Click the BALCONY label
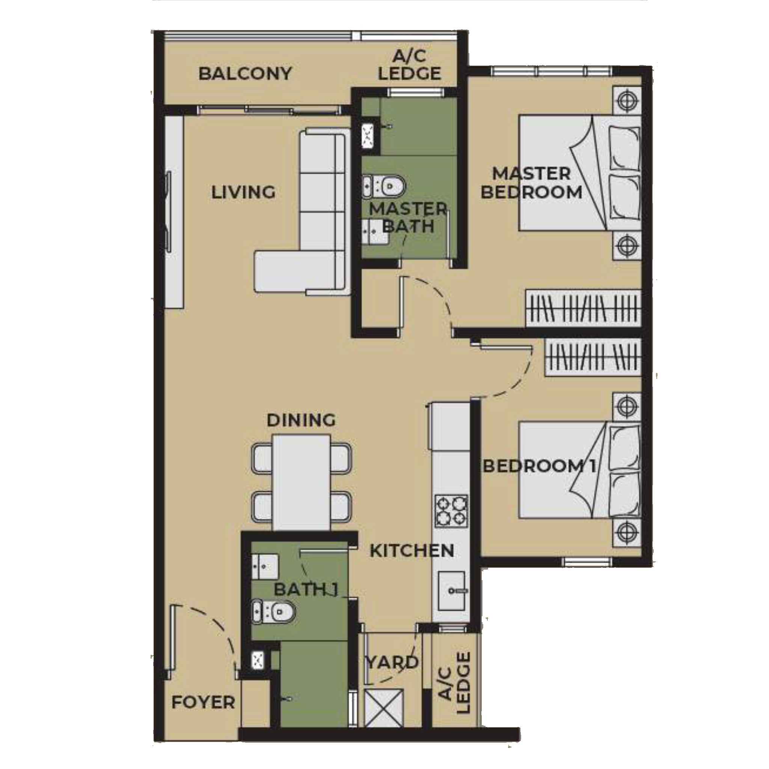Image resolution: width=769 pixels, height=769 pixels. tap(245, 74)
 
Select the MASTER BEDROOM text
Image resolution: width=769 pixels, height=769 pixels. tap(531, 183)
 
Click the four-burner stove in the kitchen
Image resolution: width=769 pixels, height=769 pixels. tap(451, 511)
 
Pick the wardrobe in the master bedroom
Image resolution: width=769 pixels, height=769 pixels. tap(583, 309)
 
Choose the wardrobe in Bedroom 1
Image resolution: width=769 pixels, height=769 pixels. tap(592, 356)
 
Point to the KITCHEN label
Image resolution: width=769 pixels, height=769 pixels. tap(412, 551)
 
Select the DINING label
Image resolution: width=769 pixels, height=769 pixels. tap(301, 420)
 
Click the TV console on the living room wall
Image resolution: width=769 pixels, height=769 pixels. tap(174, 211)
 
